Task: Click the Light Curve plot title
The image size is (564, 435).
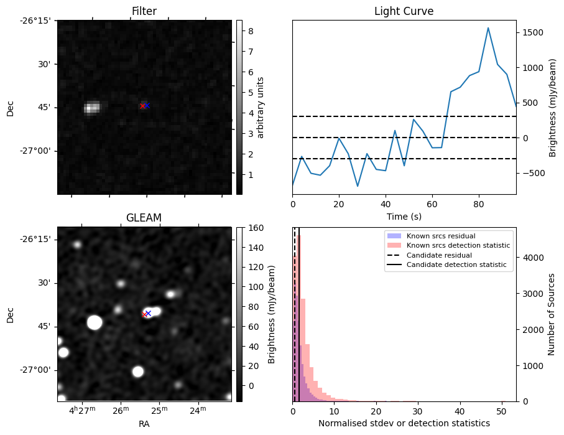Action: click(404, 11)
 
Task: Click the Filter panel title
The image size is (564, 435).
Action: click(144, 11)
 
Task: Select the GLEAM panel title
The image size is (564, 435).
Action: click(144, 218)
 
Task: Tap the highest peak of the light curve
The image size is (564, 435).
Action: click(488, 28)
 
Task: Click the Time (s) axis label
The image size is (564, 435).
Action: click(404, 215)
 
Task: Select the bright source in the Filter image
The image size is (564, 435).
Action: click(92, 108)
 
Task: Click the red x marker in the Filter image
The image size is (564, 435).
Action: click(142, 106)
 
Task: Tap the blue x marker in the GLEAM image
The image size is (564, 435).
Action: click(148, 313)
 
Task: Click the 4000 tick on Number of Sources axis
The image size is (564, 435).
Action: click(529, 257)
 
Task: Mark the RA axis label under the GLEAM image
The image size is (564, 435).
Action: click(144, 424)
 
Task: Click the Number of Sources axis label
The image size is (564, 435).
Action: click(552, 314)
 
